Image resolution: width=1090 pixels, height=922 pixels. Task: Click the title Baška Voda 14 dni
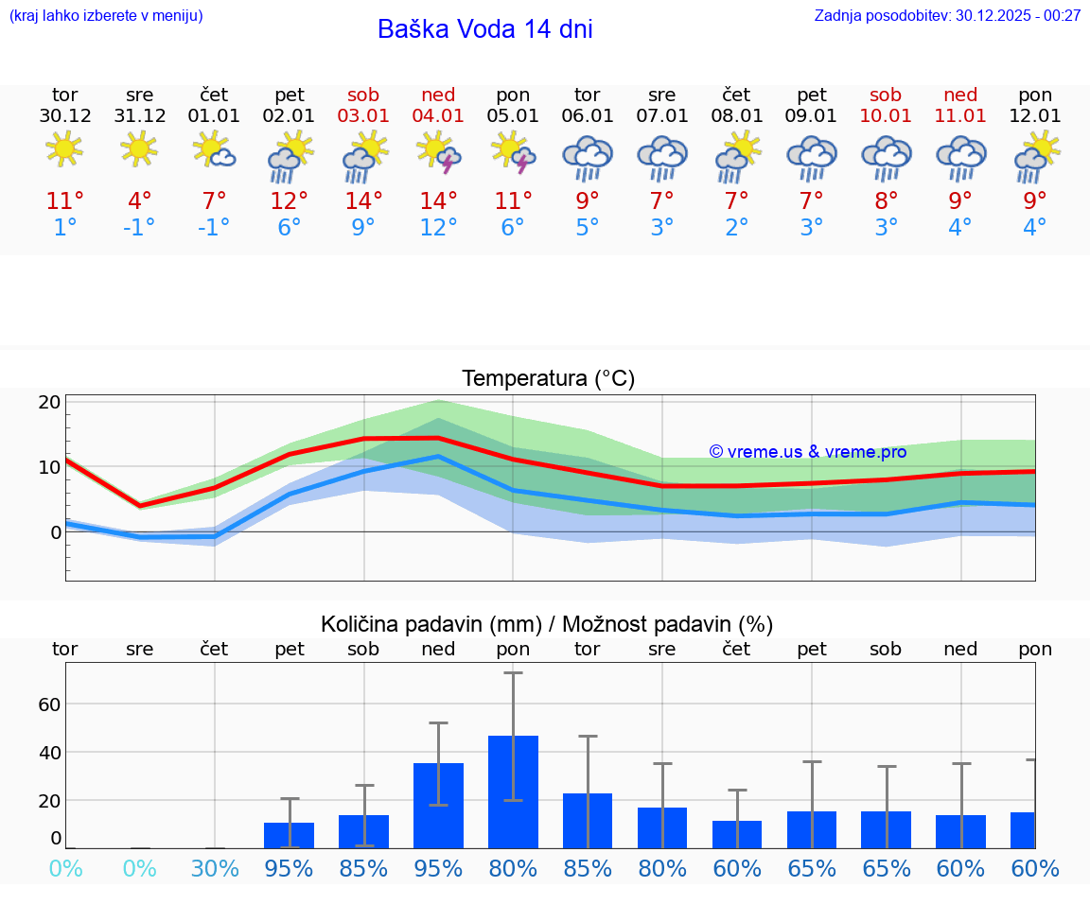coord(484,29)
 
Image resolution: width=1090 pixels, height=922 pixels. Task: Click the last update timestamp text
coord(947,15)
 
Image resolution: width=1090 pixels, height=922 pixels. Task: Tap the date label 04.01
coord(438,116)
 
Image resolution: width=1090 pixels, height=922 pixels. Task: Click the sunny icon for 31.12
coord(139,148)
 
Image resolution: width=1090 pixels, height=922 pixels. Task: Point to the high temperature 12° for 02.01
coord(290,201)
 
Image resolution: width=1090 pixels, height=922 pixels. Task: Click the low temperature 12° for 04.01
coord(438,228)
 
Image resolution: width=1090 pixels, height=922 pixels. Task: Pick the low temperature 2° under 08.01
coord(737,228)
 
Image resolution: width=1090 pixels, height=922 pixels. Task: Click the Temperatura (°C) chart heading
coord(548,379)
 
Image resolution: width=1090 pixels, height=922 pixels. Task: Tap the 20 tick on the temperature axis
coord(50,402)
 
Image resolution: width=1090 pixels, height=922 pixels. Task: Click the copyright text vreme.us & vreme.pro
coord(807,452)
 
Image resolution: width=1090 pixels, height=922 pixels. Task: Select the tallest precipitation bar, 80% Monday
coord(513,792)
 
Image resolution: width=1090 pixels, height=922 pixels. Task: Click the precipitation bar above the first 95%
coord(290,835)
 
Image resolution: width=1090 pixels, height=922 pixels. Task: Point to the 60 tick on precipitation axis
coord(50,705)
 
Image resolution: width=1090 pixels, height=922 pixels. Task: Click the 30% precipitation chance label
coord(215,868)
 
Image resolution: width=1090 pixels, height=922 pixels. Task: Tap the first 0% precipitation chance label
coord(65,868)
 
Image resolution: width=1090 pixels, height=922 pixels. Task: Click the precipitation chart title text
coord(547,624)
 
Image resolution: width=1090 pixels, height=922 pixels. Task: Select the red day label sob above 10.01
coord(886,95)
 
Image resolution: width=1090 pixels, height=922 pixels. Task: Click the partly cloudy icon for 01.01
coord(214,149)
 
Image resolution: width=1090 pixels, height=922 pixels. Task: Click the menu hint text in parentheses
coord(106,15)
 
